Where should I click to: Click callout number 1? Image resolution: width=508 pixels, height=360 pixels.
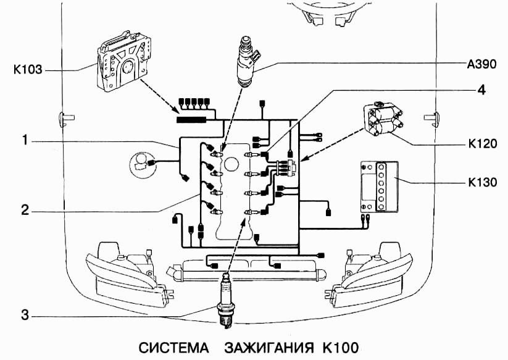(x=25, y=141)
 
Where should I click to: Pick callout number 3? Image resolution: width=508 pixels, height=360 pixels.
(x=25, y=316)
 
